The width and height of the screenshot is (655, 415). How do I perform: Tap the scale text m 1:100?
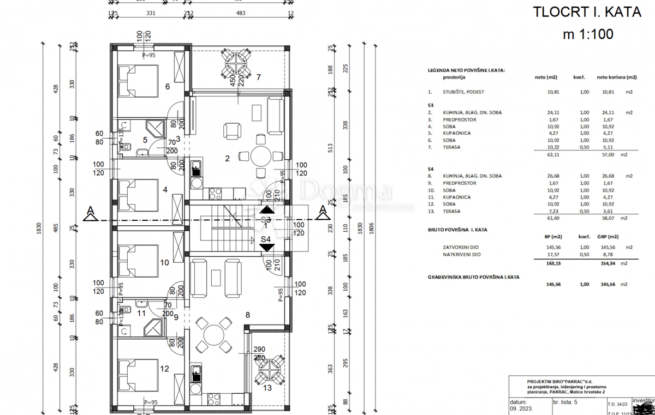(588, 34)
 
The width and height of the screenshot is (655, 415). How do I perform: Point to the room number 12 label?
(165, 369)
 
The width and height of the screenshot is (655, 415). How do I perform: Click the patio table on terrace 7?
(236, 63)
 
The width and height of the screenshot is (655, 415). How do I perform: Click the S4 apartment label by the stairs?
(266, 239)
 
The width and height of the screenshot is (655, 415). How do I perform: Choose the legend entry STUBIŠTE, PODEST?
(464, 92)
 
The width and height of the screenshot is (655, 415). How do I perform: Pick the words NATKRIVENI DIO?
(462, 254)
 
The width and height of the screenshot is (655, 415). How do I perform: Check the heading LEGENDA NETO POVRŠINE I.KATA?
(466, 70)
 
